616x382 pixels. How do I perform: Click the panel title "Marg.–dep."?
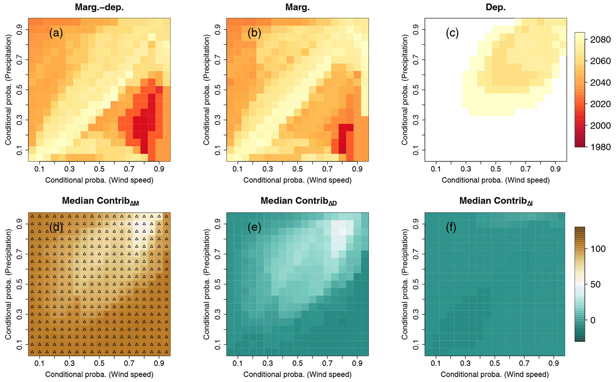coord(99,7)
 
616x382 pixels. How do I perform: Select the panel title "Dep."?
coord(496,7)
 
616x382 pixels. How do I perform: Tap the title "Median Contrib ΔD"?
coord(299,201)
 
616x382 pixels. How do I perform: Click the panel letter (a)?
coord(56,33)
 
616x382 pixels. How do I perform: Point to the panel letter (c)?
coord(452,33)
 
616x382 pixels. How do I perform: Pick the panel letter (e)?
coord(254,227)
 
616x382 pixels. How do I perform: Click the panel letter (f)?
coord(451,227)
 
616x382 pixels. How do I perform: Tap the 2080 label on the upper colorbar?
coord(600,40)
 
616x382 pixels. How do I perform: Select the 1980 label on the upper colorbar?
coord(600,147)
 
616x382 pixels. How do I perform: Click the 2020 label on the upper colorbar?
coord(600,104)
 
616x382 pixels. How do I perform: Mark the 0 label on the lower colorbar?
coord(593,320)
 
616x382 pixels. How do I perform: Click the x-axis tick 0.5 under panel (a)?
coord(99,169)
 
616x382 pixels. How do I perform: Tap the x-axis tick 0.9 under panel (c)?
coord(556,169)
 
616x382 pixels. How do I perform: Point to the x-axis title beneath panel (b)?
coord(297,180)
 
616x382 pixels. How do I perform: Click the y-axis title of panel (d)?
coord(8,284)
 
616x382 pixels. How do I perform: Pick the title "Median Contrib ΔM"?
coord(100,201)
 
